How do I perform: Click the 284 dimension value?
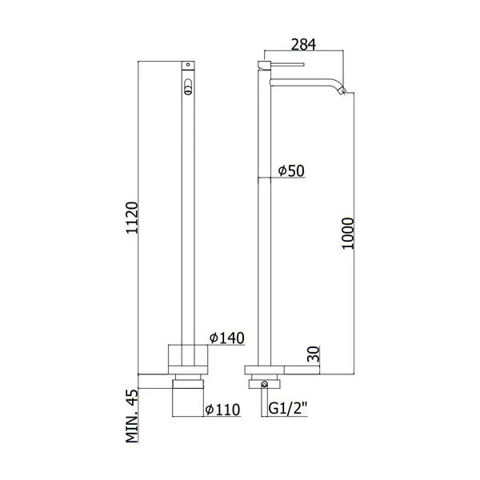coord(303,44)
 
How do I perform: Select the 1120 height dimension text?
coord(132,218)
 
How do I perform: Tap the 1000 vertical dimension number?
coord(348,234)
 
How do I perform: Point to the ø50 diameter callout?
coord(291,170)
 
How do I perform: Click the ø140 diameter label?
coord(227,338)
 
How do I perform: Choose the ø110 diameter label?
coord(222,410)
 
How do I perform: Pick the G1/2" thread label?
coord(288,408)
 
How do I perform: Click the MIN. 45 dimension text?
coord(132,416)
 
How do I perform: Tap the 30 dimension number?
coord(313,354)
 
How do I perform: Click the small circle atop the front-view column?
coord(188,65)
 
